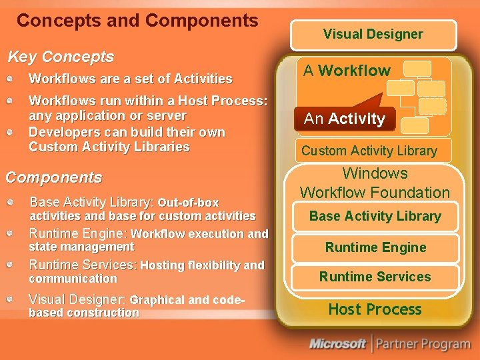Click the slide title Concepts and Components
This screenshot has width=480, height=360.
tap(137, 21)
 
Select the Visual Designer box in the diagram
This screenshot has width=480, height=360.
tap(373, 34)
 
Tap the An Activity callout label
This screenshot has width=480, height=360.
tap(345, 119)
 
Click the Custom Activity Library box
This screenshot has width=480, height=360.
tap(369, 151)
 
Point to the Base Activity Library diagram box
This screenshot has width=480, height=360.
tap(375, 216)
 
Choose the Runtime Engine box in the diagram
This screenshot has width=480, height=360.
tap(375, 247)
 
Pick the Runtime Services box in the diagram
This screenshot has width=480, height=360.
tap(375, 277)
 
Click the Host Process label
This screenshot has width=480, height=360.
tap(375, 309)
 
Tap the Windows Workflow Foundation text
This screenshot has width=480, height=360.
tap(375, 183)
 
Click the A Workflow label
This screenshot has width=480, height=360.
tap(347, 71)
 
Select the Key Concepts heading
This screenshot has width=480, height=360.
tap(60, 57)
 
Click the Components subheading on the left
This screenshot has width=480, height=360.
tap(54, 177)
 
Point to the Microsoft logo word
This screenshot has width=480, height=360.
tap(337, 344)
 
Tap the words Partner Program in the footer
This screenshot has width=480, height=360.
tap(423, 344)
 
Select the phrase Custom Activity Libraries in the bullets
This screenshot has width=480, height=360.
tap(109, 147)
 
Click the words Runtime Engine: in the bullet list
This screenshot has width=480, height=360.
tap(79, 233)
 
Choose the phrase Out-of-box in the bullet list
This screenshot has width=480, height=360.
tap(188, 203)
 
